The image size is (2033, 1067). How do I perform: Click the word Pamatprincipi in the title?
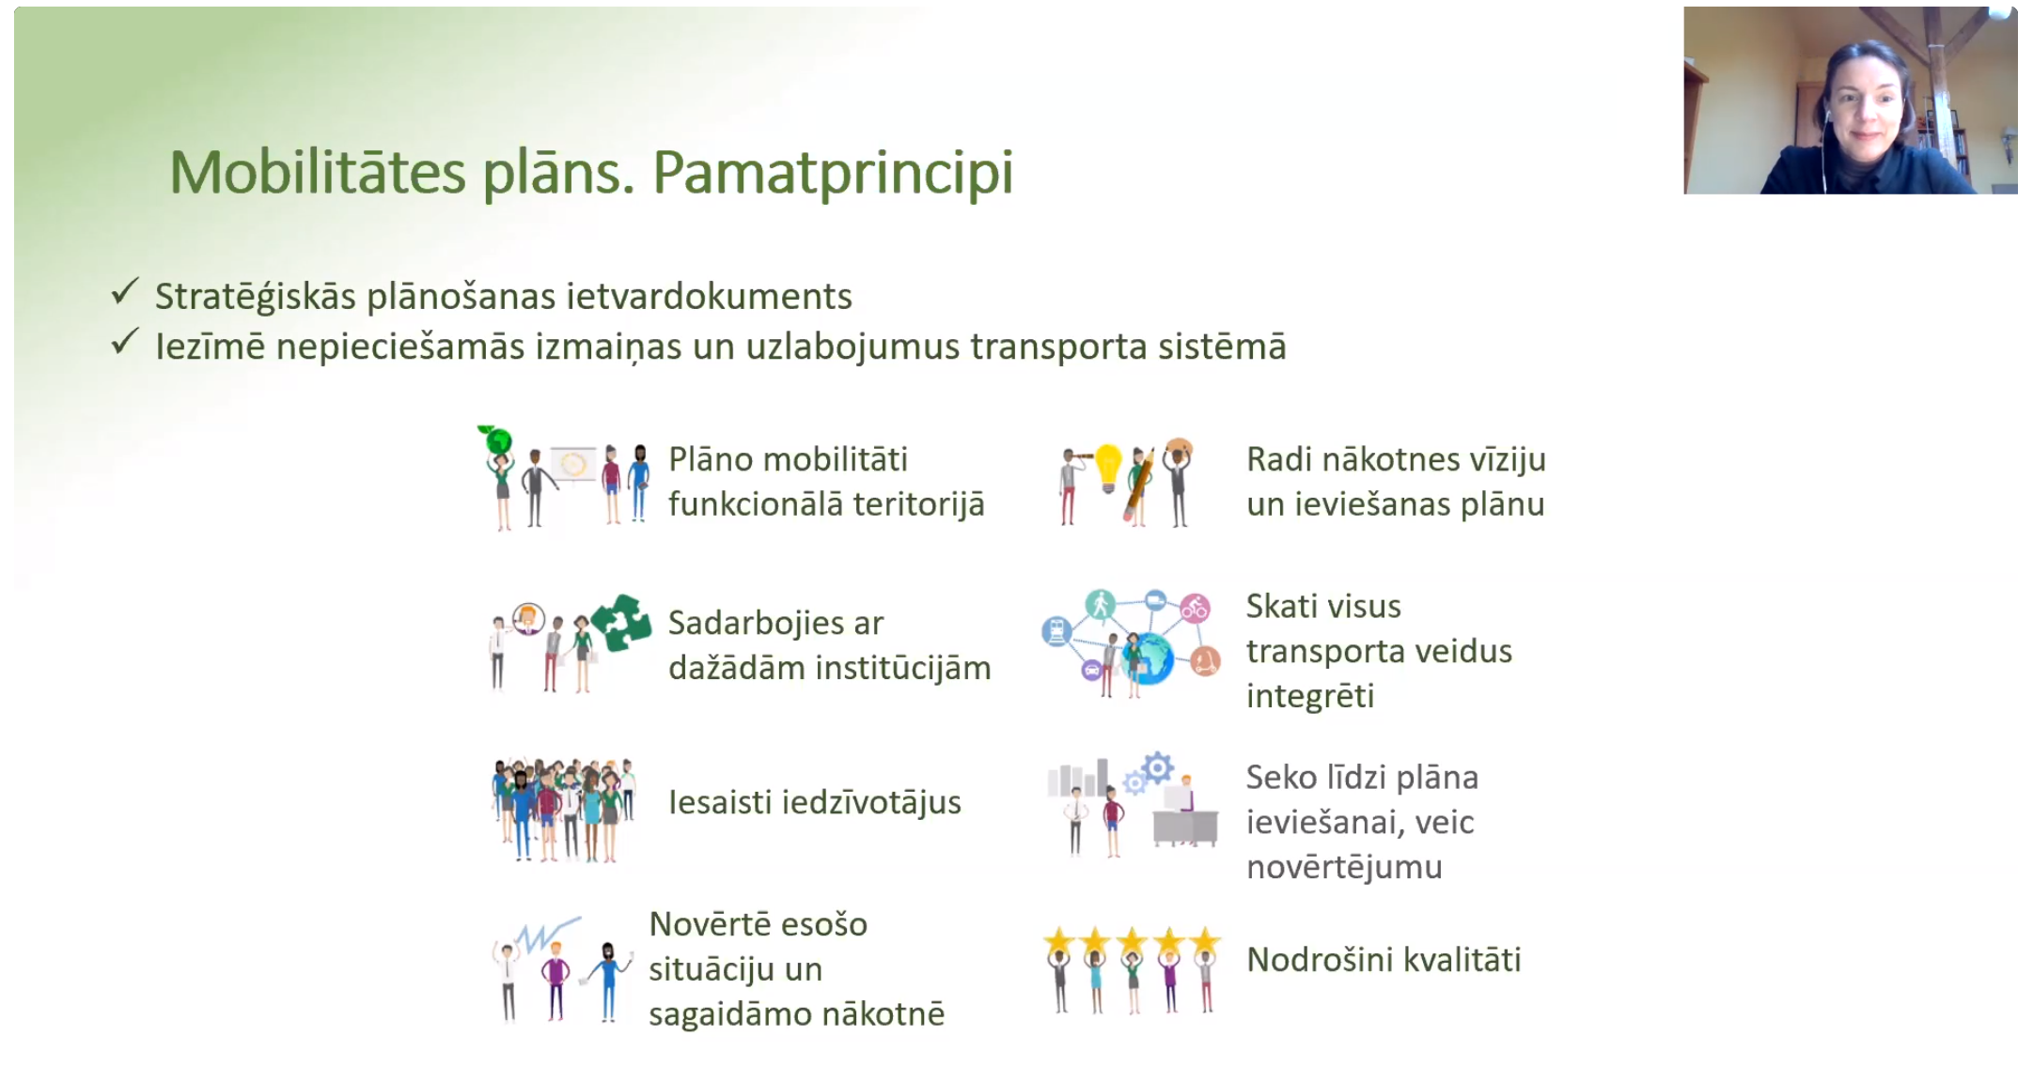(833, 174)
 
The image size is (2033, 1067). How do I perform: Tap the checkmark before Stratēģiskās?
(125, 291)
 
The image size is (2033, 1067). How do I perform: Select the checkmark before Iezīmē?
(125, 341)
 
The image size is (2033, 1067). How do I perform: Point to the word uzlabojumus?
(852, 348)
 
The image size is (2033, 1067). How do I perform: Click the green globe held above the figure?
(497, 440)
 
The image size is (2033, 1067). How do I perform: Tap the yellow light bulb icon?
(1109, 467)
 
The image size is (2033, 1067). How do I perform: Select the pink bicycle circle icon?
(1195, 609)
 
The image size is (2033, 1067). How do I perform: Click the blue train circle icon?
(1056, 631)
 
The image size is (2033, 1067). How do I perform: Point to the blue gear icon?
(1158, 768)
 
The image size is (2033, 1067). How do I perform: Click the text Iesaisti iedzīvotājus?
(815, 802)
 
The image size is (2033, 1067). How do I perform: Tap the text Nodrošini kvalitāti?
(1384, 960)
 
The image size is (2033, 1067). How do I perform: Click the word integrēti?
(1310, 697)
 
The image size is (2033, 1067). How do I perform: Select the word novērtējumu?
(1344, 867)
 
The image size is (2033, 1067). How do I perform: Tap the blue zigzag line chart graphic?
(548, 935)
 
